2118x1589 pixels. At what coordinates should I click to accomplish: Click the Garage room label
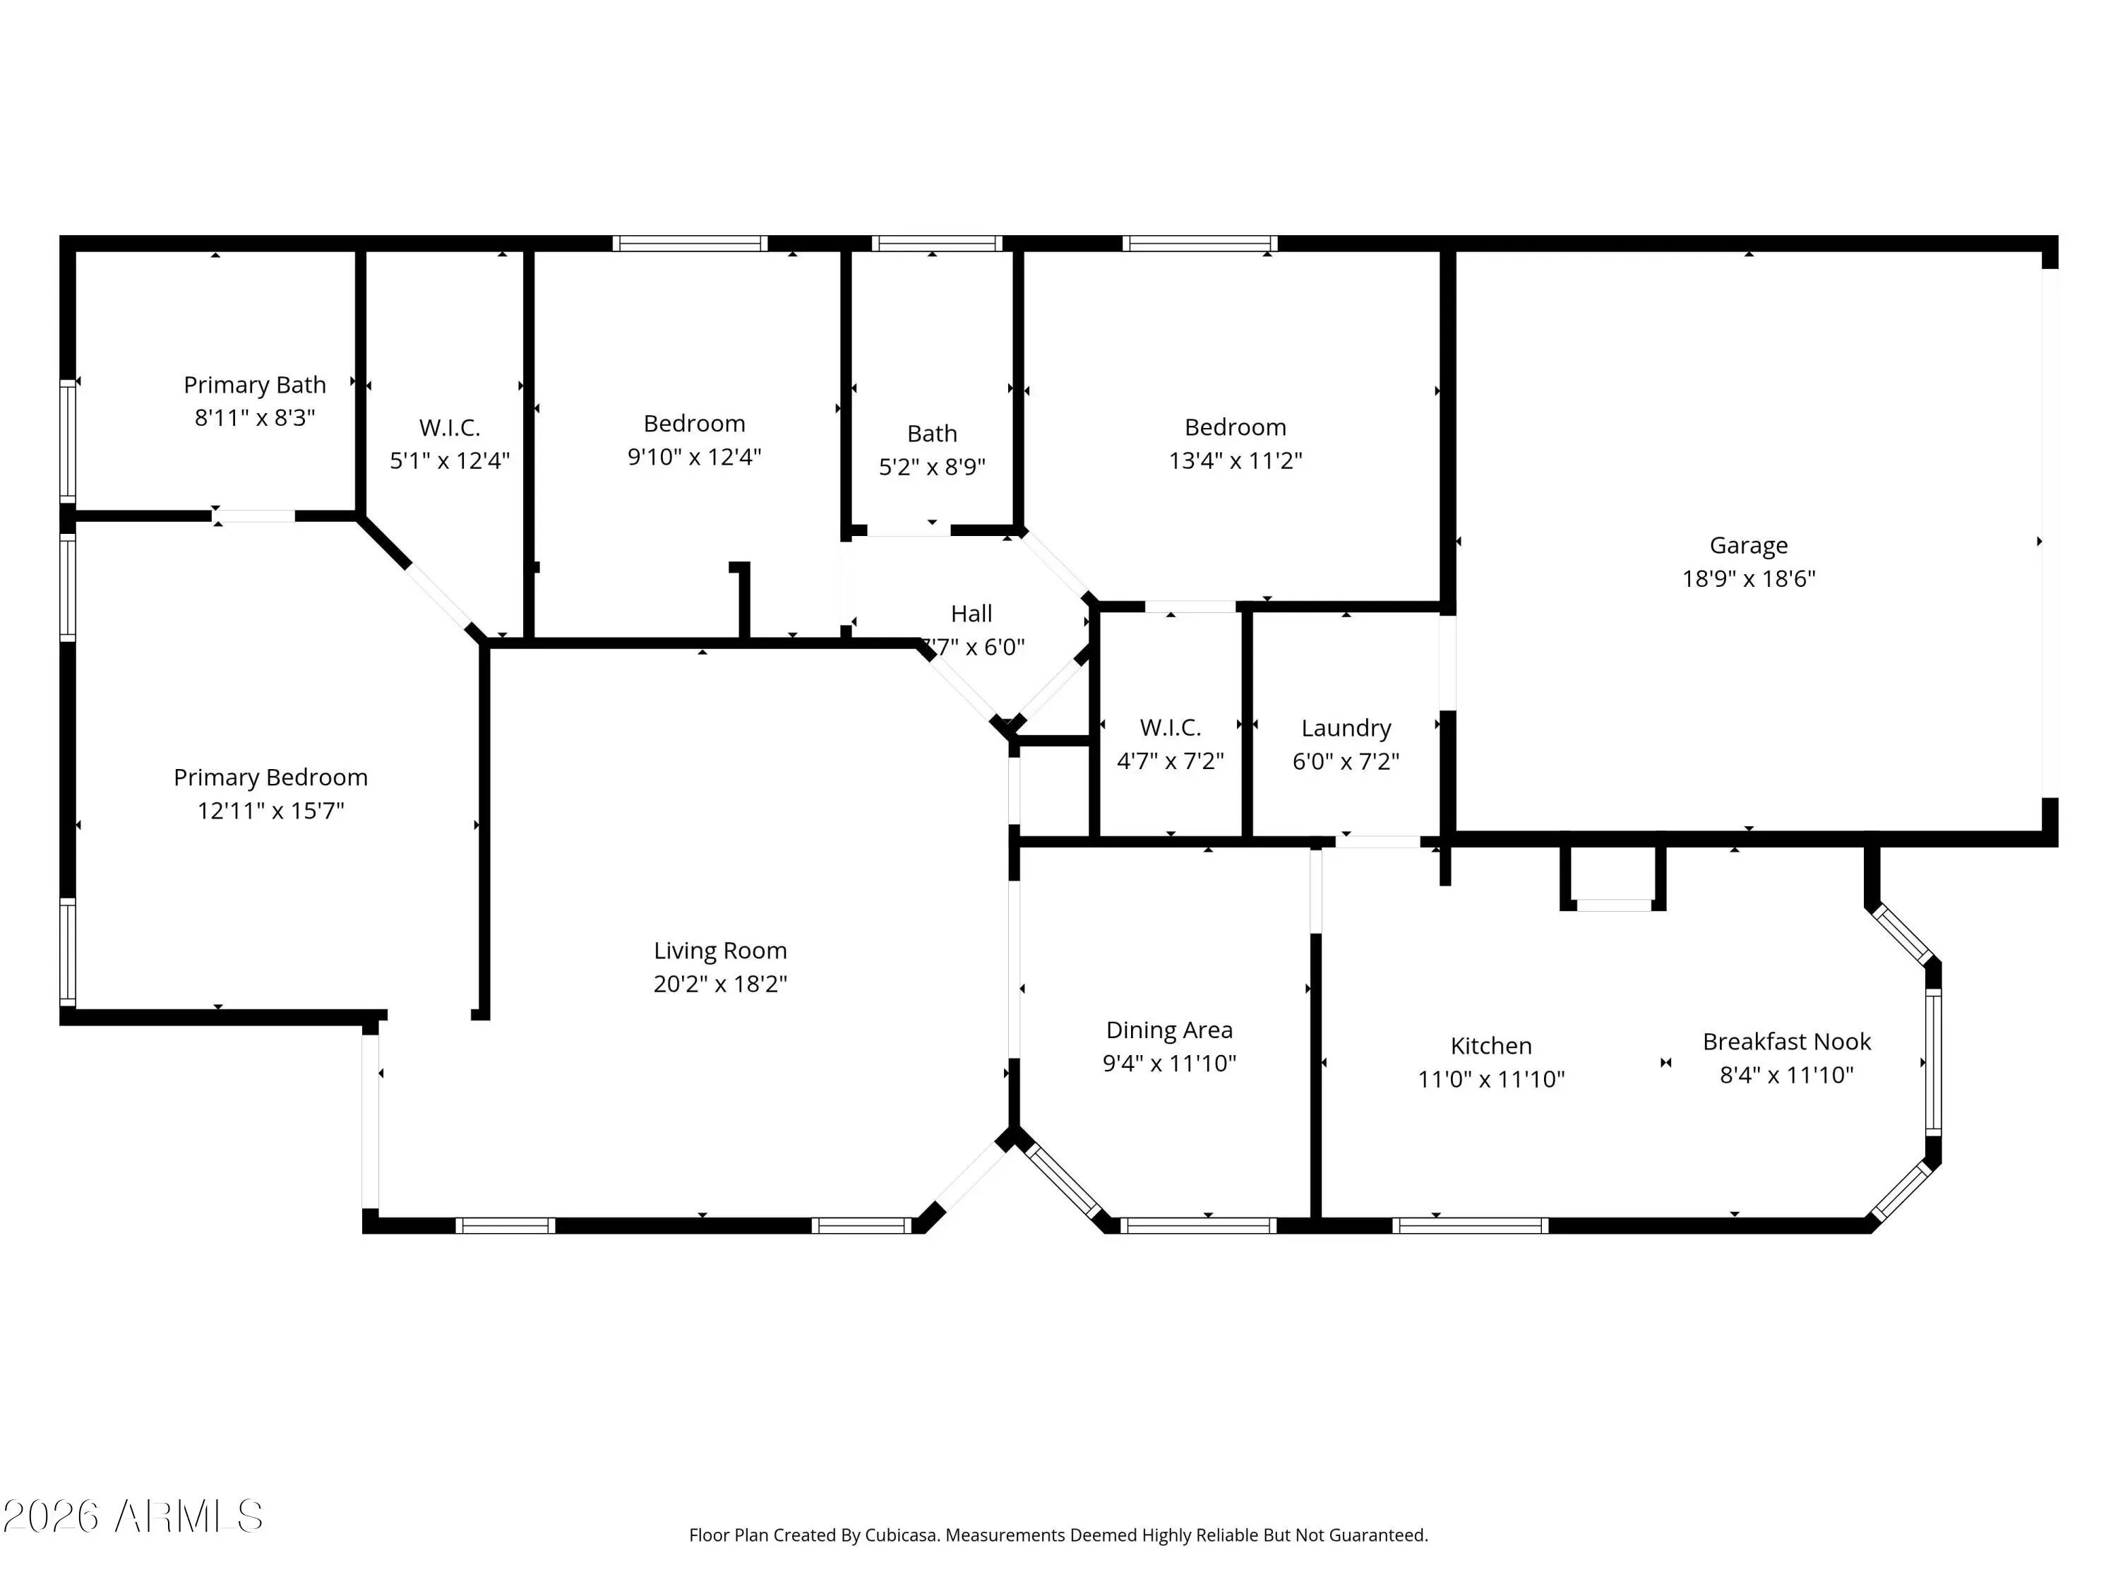click(x=1748, y=546)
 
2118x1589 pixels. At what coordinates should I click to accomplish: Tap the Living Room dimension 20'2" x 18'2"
click(x=720, y=984)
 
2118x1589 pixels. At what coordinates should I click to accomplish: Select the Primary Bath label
click(x=255, y=385)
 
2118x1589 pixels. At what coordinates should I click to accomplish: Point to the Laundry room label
click(x=1346, y=729)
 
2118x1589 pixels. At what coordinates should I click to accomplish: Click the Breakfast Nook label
click(x=1787, y=1041)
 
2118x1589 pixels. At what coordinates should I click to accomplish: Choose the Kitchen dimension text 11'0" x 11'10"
click(x=1491, y=1079)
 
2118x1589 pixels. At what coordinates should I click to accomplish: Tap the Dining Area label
click(x=1169, y=1030)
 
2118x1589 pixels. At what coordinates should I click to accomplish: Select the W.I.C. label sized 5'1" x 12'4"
click(x=449, y=428)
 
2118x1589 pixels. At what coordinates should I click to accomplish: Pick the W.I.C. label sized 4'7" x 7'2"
click(x=1170, y=728)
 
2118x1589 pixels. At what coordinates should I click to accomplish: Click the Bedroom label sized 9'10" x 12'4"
click(x=694, y=423)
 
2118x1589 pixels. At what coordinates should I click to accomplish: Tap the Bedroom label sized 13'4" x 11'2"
click(x=1235, y=427)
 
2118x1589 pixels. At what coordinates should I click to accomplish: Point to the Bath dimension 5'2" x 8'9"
click(x=932, y=466)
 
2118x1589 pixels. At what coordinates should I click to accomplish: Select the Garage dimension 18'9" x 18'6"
click(x=1748, y=578)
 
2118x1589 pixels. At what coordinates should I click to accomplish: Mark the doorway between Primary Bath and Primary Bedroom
click(x=253, y=516)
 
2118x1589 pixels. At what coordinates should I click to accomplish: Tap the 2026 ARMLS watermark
click(x=133, y=1516)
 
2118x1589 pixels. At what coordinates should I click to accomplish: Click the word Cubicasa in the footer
click(x=900, y=1535)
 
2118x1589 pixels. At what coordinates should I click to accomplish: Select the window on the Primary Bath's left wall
click(x=68, y=441)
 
